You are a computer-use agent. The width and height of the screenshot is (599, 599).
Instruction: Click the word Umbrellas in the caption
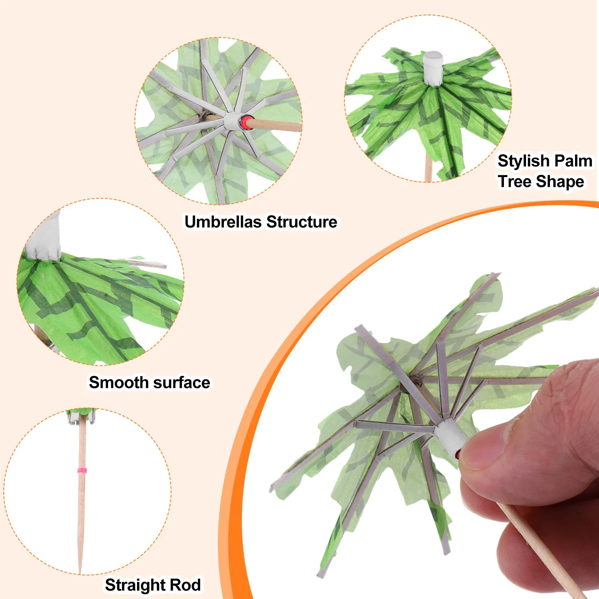223,222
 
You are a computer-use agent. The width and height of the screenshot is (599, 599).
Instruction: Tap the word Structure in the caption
302,222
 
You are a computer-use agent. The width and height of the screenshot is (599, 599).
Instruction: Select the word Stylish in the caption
523,161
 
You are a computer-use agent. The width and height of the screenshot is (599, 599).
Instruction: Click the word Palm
573,161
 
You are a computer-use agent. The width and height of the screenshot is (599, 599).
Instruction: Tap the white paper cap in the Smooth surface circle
46,237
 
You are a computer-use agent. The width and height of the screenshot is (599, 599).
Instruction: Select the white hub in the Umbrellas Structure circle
232,121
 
